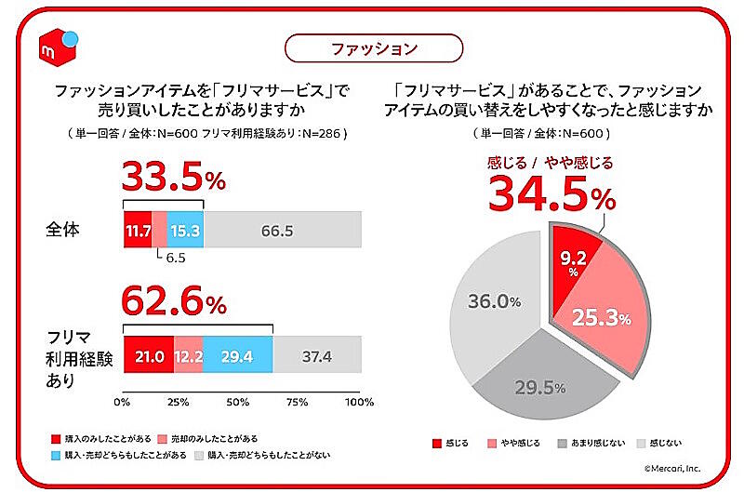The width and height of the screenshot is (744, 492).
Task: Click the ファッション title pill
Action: [372, 47]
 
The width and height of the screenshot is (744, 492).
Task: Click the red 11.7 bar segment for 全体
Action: [138, 230]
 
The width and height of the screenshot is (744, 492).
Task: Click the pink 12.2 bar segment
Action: [188, 355]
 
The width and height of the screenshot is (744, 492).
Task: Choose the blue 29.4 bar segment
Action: [237, 355]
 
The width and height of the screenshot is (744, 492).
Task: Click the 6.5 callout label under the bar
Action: [177, 259]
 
